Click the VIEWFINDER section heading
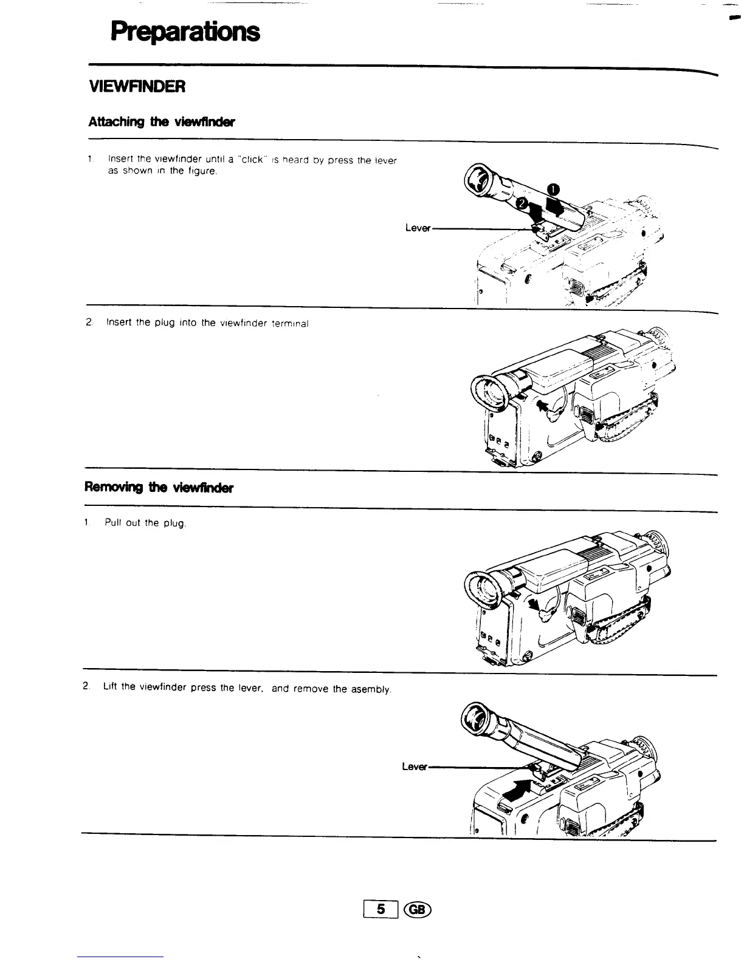coord(136,87)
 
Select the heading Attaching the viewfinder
coord(161,122)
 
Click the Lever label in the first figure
coord(418,228)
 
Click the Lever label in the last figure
coord(415,766)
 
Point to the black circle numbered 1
coord(555,188)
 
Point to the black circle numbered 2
coord(522,203)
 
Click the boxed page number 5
coord(381,909)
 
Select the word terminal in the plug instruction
coord(290,323)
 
